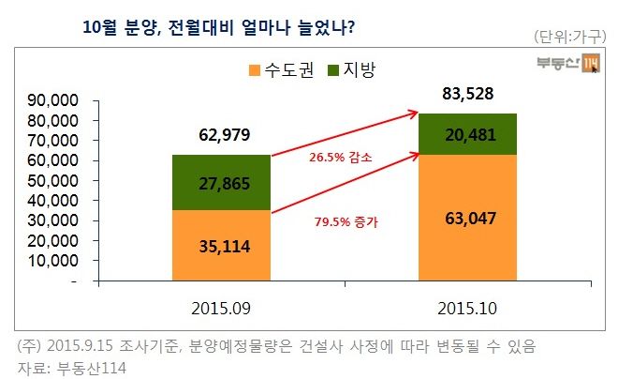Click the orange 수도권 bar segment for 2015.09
pyautogui.click(x=221, y=246)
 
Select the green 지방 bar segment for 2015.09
pyautogui.click(x=221, y=183)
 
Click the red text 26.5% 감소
pyautogui.click(x=340, y=159)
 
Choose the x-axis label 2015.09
pyautogui.click(x=221, y=308)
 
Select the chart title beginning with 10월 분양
pyautogui.click(x=218, y=26)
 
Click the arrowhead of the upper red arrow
pyautogui.click(x=412, y=114)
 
